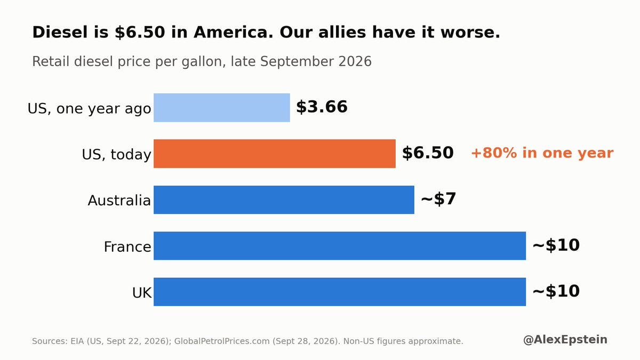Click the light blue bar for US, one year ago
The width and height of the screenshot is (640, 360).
[x=222, y=108]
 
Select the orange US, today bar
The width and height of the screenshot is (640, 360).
[x=275, y=154]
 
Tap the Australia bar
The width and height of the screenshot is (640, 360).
[x=284, y=199]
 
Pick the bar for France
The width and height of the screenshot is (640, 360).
[x=340, y=246]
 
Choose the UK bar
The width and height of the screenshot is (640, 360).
[x=340, y=292]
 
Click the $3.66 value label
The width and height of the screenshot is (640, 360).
[x=322, y=107]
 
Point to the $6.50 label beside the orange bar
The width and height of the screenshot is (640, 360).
[x=428, y=153]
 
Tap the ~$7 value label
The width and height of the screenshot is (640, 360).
[x=438, y=199]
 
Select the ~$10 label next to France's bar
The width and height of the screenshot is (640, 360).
[x=556, y=245]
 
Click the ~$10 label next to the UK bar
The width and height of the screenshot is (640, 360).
[x=556, y=291]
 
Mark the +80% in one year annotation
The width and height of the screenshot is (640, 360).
[x=542, y=153]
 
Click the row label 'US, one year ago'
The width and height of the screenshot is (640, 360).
[x=89, y=109]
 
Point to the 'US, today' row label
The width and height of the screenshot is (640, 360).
[x=116, y=155]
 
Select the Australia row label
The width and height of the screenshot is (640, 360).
[x=119, y=201]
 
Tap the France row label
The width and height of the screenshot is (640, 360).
[x=127, y=246]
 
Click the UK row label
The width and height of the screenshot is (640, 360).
[x=142, y=293]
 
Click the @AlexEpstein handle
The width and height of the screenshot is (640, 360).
[x=565, y=340]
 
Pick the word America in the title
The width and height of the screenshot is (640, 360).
[x=234, y=32]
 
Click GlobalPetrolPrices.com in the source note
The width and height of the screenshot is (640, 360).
[x=222, y=341]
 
